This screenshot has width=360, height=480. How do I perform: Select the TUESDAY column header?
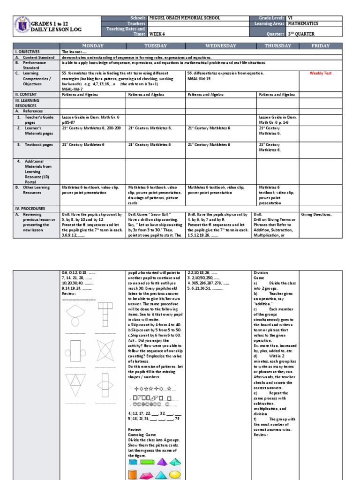156,46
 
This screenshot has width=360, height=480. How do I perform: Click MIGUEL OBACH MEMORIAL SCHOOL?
184,18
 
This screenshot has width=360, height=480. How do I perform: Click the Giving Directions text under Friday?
316,214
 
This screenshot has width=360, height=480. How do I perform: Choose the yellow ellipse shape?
174,474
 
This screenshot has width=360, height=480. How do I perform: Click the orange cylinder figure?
132,474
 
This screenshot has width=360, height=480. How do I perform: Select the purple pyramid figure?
161,463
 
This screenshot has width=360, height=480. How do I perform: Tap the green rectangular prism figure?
147,463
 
